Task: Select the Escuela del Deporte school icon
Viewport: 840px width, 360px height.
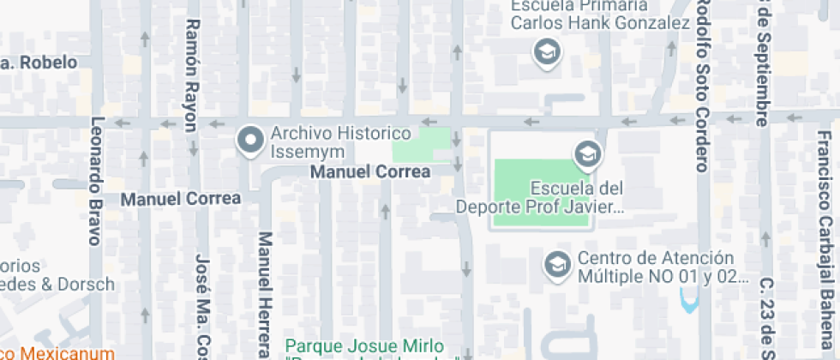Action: [587, 154]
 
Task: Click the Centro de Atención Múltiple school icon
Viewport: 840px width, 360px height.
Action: [558, 266]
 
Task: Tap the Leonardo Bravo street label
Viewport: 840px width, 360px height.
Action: [96, 180]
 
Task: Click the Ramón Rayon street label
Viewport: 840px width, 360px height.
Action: [191, 75]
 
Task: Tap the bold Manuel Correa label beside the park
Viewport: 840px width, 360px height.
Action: [370, 172]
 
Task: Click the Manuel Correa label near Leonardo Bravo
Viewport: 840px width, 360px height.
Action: [181, 199]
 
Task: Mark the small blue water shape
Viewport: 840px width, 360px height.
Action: [687, 300]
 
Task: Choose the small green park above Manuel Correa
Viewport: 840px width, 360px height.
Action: [421, 145]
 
